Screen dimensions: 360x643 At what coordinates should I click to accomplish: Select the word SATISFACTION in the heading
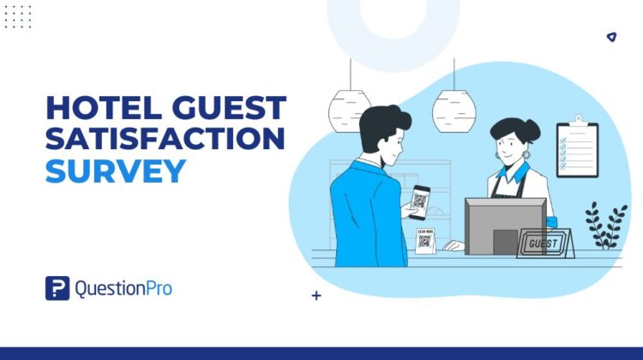pos(165,139)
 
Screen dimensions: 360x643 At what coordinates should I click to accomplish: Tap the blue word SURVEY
pos(115,171)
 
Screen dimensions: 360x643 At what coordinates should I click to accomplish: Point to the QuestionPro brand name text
pos(123,289)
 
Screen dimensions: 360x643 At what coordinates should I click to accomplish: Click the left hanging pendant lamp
pos(350,110)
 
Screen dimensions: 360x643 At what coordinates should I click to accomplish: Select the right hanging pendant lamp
pos(454,110)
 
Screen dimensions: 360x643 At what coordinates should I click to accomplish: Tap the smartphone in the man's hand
pos(418,201)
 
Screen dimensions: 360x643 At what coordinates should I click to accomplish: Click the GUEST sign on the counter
pos(546,243)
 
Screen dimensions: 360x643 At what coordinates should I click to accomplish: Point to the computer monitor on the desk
pos(505,225)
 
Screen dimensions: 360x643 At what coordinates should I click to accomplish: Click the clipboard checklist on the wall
pos(577,149)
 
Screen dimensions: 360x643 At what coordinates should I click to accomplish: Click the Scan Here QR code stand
pos(424,239)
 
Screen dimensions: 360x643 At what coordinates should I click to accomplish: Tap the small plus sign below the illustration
pos(316,296)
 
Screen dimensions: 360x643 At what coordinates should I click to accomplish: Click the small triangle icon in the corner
pos(610,37)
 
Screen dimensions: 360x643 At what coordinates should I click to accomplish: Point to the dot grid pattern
pos(17,16)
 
